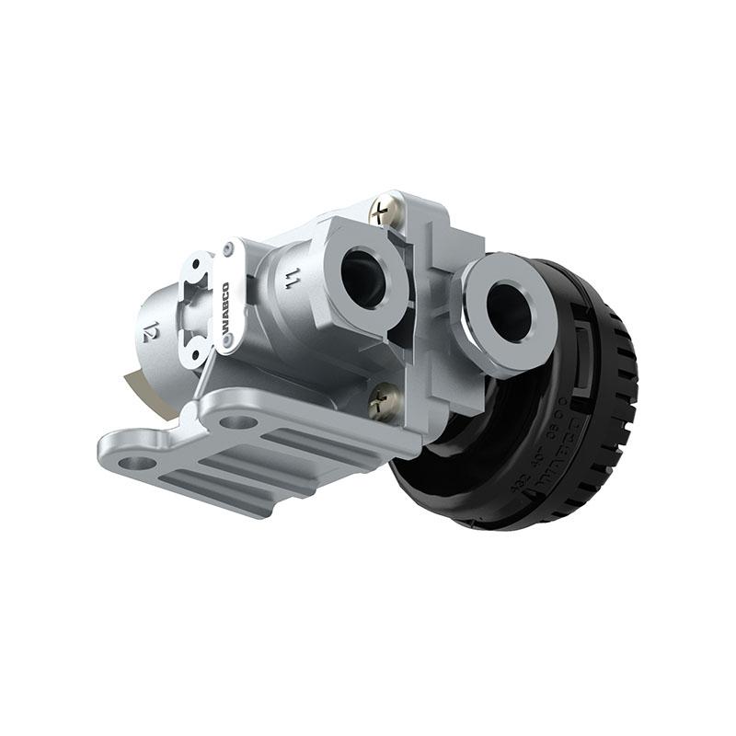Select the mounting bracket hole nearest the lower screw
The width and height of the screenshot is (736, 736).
pos(241,422)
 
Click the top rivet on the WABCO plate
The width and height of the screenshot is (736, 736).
pos(226,248)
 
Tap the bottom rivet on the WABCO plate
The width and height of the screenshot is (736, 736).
pos(227,341)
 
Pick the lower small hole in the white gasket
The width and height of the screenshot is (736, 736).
pos(194,351)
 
